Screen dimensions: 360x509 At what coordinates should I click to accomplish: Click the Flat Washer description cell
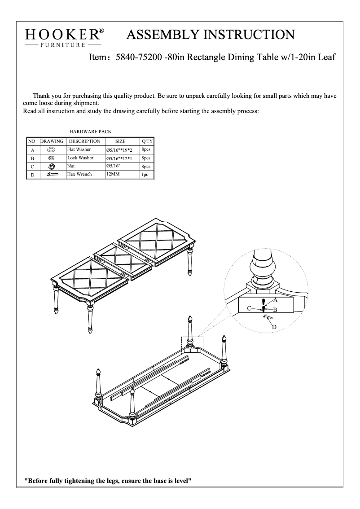coord(79,149)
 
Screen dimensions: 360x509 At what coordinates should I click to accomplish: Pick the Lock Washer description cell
coord(80,158)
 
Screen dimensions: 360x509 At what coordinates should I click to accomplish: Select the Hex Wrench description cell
coord(79,174)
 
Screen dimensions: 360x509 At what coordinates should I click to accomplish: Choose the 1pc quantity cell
coord(145,175)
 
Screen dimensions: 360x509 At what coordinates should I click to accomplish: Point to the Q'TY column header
coord(147,141)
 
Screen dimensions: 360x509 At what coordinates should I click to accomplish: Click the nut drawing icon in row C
coord(52,166)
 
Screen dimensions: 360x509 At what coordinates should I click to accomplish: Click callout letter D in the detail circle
coord(274,327)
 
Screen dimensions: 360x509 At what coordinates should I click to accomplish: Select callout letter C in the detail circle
coord(249,308)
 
